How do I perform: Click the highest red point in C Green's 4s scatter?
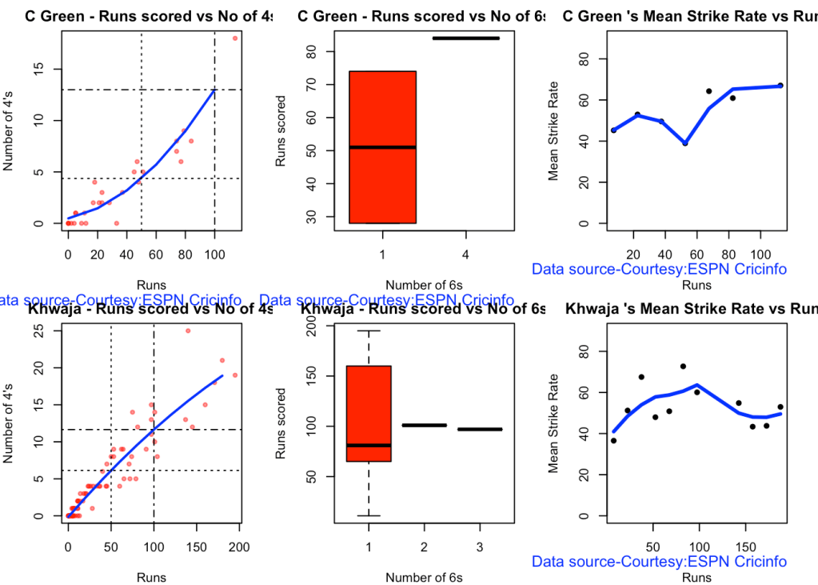coord(235,38)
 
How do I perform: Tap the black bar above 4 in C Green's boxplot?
coord(465,38)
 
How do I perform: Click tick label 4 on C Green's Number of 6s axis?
coord(465,254)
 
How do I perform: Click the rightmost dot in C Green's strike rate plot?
coord(780,86)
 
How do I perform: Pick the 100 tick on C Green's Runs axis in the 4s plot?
coord(214,254)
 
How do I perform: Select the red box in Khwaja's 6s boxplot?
coord(369,414)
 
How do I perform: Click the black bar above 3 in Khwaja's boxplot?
coord(480,430)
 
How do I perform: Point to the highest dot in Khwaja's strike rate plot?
coord(683,367)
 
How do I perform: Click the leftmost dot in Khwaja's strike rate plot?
coord(613,440)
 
